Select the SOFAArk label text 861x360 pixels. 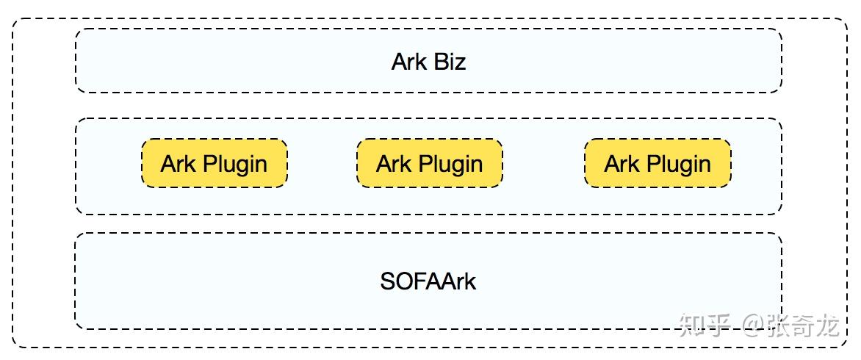(428, 281)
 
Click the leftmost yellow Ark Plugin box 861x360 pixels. (214, 163)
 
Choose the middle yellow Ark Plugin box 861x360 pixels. (430, 163)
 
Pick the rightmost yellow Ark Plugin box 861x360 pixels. (658, 163)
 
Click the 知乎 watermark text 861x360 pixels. (705, 324)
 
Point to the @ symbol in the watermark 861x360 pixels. (754, 325)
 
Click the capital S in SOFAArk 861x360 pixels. (387, 281)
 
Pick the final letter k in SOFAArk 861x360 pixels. (471, 281)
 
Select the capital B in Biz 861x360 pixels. (439, 62)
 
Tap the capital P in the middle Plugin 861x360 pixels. (422, 163)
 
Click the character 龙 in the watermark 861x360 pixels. (826, 324)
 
